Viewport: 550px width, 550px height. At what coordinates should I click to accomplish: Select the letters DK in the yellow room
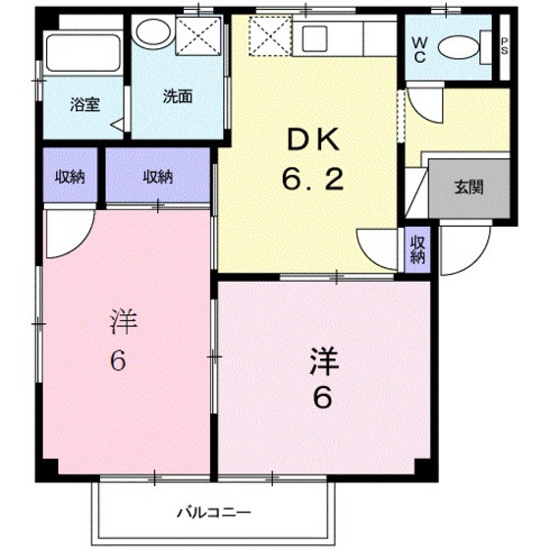click(x=313, y=141)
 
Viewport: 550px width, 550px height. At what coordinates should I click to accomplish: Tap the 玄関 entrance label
click(x=467, y=186)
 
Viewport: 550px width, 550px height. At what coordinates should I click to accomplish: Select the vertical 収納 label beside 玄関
click(x=417, y=249)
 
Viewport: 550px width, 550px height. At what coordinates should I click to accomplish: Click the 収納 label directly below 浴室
click(x=69, y=177)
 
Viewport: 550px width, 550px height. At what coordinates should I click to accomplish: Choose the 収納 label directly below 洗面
click(x=157, y=177)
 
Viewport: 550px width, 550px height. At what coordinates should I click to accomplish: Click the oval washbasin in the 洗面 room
click(x=151, y=33)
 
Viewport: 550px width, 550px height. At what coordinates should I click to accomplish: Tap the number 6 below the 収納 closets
click(x=117, y=361)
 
